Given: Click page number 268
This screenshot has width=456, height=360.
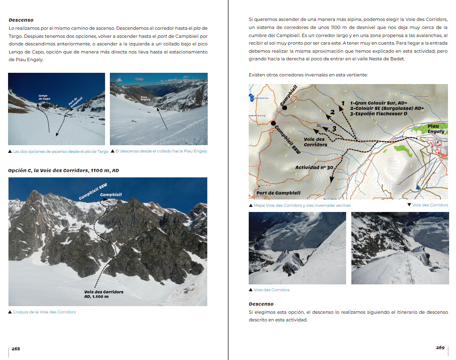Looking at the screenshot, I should coord(16,349).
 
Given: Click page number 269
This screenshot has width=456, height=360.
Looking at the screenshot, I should coord(440,348).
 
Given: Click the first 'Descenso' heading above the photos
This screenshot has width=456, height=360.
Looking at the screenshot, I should coord(21,20).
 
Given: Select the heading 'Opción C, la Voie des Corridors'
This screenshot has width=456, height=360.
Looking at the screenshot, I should coord(64,171).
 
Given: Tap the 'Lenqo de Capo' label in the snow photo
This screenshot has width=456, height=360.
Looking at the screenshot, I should coord(44,97).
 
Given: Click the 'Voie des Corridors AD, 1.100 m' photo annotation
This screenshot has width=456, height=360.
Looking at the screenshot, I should coord(103,294).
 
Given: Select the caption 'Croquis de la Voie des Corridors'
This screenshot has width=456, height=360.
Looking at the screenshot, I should coord(44,312).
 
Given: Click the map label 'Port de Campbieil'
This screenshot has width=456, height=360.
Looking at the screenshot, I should coord(278,193).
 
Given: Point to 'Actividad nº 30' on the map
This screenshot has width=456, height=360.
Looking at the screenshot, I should coord(314,167).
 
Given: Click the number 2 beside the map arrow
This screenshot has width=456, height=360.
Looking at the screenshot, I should coord(332,112).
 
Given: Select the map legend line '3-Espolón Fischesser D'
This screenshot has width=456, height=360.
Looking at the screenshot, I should coord(378,114).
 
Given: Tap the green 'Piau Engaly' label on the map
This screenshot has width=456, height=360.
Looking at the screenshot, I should coord(435,129).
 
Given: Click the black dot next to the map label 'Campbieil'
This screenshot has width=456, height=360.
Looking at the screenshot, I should coord(284,107).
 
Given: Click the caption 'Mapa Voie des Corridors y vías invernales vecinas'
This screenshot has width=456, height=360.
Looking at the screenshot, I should coord(302,205).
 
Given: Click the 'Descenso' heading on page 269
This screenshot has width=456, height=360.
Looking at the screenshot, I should coord(261,304).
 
